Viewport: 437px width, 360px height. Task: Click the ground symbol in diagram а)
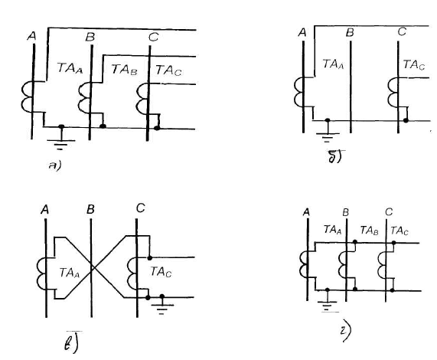(60, 142)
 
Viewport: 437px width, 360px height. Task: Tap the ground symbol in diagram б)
(328, 135)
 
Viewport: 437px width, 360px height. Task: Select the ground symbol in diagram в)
(162, 305)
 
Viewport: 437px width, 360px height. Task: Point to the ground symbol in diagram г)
(328, 303)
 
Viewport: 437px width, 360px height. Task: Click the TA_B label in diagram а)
(124, 70)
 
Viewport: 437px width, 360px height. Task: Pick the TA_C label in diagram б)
(414, 64)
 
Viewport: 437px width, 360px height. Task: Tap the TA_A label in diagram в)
(70, 273)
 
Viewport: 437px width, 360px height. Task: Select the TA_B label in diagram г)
(369, 231)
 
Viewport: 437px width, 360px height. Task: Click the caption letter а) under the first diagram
(54, 165)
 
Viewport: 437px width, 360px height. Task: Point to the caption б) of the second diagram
(335, 157)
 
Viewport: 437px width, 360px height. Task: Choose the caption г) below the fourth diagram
(346, 332)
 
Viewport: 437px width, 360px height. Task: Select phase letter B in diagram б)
(350, 33)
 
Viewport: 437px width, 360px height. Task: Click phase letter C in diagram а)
(154, 37)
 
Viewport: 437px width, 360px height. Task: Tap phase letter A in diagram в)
(45, 210)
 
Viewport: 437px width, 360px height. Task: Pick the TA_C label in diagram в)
(161, 272)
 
